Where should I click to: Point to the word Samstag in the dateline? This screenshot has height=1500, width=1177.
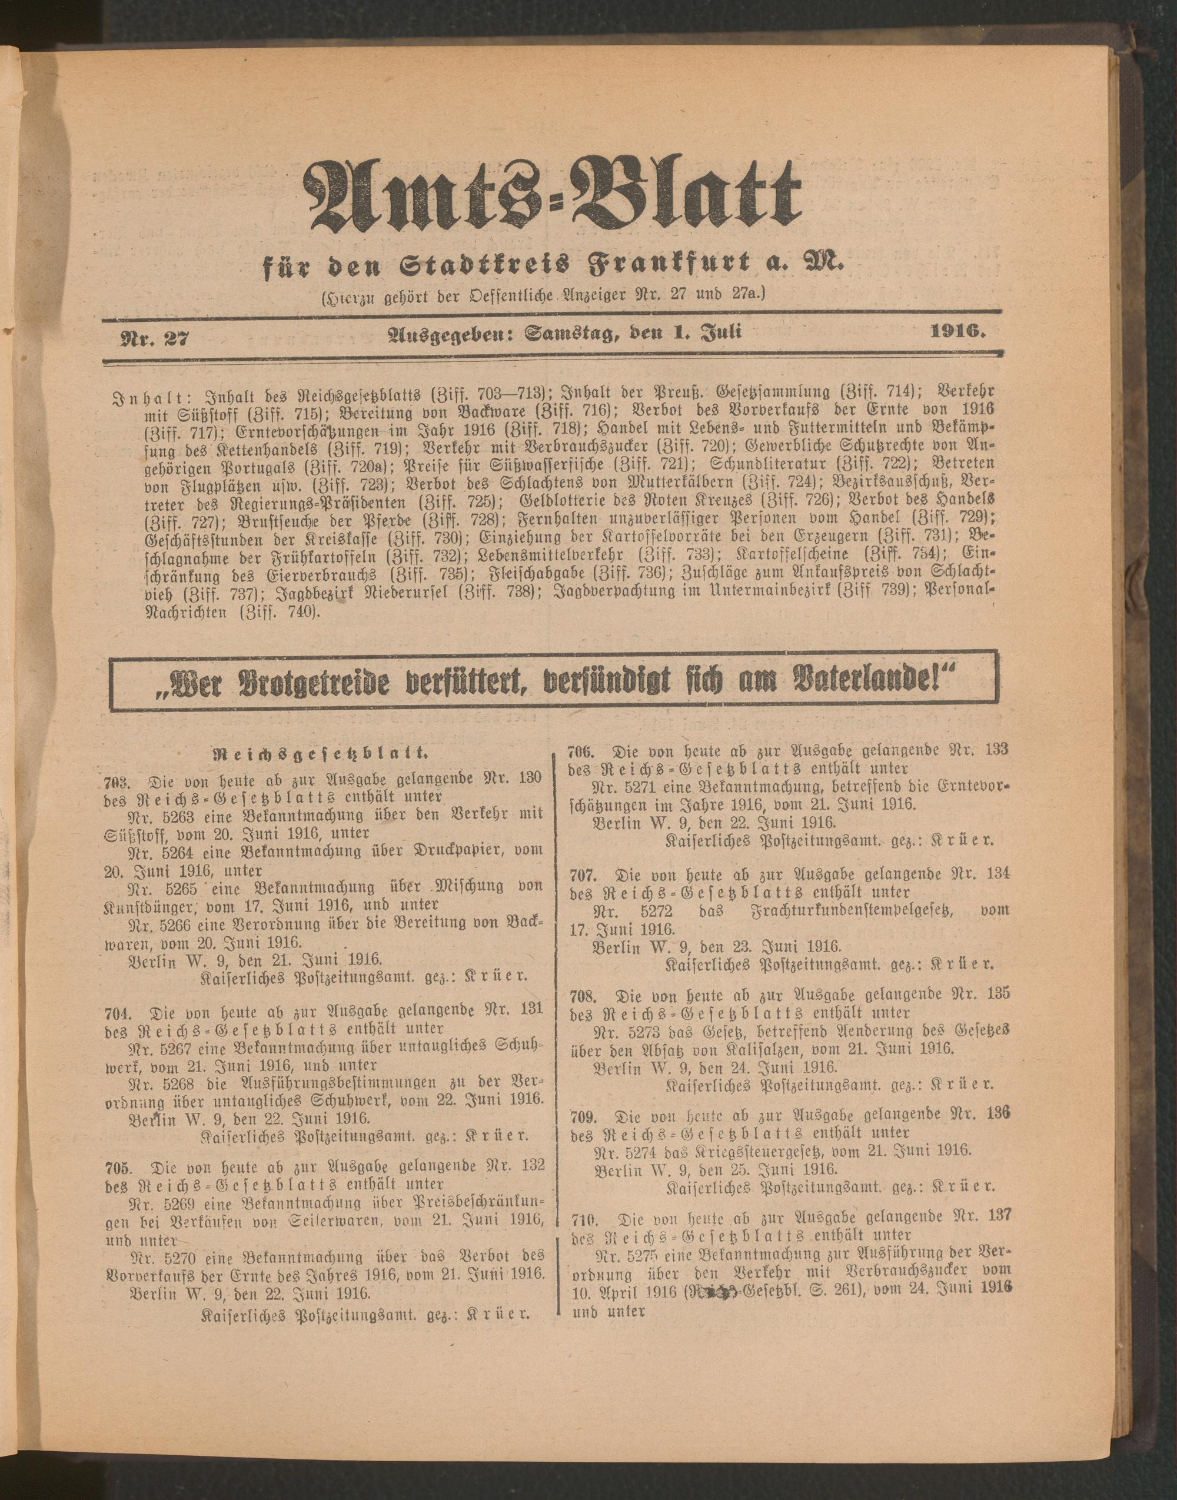click(571, 334)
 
